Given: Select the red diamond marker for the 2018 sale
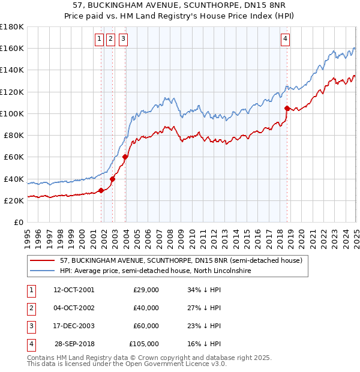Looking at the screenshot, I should tap(287, 108).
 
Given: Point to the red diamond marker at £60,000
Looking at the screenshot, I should tap(125, 157).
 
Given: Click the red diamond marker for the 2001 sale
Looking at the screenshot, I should tap(101, 191).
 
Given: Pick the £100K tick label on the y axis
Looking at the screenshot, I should tap(12, 113).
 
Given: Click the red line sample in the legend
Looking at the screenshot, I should tap(43, 260).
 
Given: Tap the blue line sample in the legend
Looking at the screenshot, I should tap(43, 271).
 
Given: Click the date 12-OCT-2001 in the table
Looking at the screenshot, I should tap(74, 290).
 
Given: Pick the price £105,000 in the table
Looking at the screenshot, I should tap(144, 344).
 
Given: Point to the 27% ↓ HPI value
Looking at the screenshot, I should tap(204, 308).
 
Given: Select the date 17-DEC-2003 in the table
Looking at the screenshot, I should tap(74, 326).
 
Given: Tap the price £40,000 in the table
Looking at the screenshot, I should tap(146, 308).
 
